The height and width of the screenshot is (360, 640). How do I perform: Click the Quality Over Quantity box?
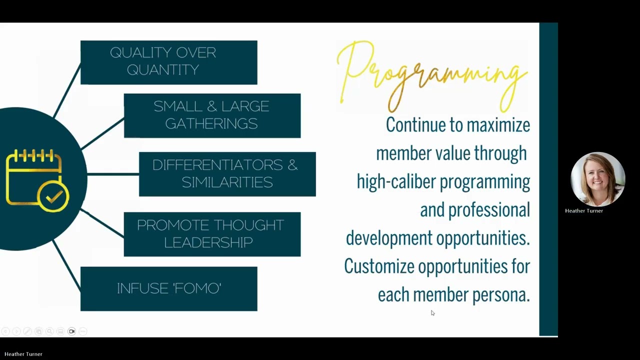tap(168, 62)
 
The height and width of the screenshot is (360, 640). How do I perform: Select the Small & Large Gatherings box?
tap(212, 115)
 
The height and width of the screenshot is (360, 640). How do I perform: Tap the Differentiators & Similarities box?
tap(227, 174)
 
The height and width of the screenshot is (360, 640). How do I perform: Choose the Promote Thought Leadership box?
tap(212, 234)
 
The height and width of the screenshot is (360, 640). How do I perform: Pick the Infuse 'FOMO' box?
tap(168, 288)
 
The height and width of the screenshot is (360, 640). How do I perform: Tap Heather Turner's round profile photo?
tap(597, 179)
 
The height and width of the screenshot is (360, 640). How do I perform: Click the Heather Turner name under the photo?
tap(583, 211)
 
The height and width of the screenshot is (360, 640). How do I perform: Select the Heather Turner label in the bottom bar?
tap(23, 354)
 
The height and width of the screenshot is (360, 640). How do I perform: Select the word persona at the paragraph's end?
tap(500, 295)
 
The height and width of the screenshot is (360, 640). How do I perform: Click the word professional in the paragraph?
tap(489, 210)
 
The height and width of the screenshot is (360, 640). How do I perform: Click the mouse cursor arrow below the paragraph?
tap(432, 313)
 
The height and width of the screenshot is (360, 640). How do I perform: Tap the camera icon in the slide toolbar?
tap(71, 331)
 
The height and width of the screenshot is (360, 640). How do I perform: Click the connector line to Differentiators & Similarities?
tap(113, 174)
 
